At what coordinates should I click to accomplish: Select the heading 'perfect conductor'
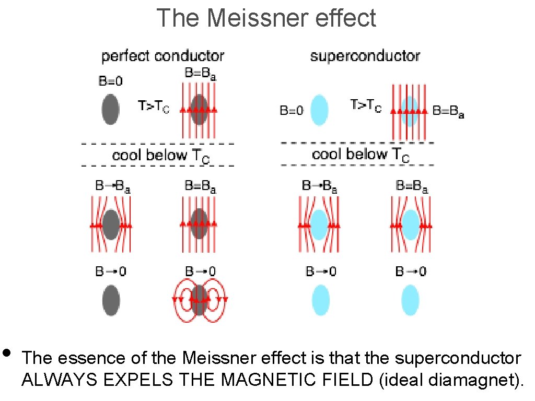[x=162, y=56]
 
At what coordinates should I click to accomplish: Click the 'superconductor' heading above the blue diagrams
[x=365, y=56]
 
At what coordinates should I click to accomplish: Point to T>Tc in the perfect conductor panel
[x=154, y=107]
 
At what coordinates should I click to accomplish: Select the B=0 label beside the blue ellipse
[x=292, y=111]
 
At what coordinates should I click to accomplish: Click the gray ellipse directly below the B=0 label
[x=110, y=109]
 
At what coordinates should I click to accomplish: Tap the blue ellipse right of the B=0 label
[x=319, y=110]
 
